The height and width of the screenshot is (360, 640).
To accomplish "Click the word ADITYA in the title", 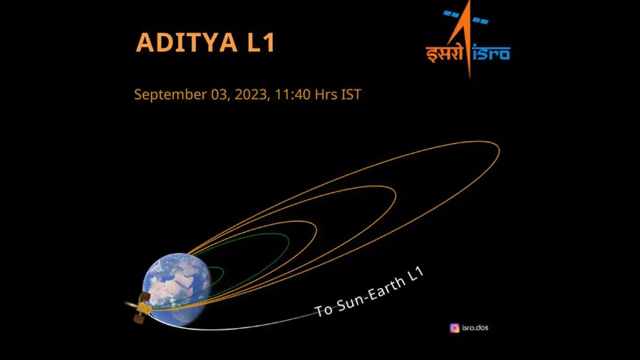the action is pos(186,42).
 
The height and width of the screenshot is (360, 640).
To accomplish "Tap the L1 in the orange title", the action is pos(262,42).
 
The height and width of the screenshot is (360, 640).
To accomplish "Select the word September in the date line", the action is pos(170,95).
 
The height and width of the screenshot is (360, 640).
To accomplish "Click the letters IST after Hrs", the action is pos(351,94).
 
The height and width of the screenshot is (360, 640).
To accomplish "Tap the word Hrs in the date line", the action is pos(326,94).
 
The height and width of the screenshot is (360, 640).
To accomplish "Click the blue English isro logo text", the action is pos(491,53).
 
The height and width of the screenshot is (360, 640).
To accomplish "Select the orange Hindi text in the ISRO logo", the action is pos(445,53).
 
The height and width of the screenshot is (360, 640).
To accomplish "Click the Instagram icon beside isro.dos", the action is pos(454,328).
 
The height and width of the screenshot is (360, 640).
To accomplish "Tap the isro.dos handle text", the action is pos(475,327).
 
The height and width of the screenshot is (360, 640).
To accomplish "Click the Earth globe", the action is pos(177,289).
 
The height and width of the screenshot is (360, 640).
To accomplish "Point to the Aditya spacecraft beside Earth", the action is pos(139,308).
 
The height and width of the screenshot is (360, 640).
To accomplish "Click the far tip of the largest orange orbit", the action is pos(499,150).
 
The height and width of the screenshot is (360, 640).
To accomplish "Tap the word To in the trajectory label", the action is pos(324,310).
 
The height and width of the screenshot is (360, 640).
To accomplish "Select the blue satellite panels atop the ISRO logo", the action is pos(466,17).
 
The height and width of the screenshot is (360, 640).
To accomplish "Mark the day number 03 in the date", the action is pos(220,94).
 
